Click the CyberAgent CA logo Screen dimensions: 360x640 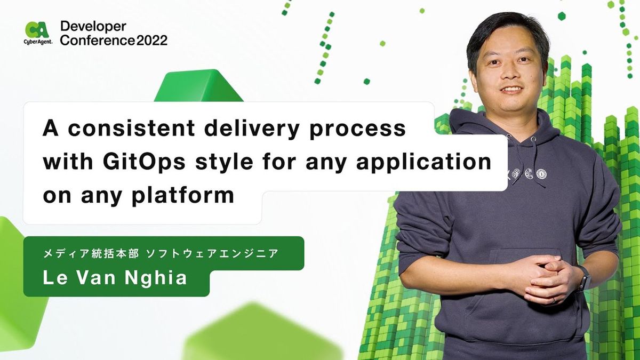coord(38,33)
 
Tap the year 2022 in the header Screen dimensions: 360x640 coord(151,41)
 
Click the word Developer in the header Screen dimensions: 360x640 coord(93,26)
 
